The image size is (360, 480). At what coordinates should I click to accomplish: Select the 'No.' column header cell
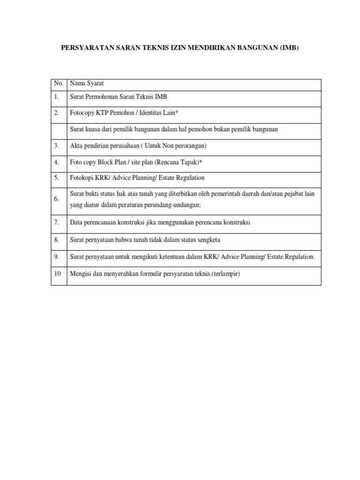click(58, 83)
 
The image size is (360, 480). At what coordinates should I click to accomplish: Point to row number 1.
click(56, 97)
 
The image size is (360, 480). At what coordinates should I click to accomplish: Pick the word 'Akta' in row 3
click(76, 146)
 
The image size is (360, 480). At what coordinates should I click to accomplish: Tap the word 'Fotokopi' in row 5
click(82, 178)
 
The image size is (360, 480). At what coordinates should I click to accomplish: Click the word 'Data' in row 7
click(76, 222)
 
